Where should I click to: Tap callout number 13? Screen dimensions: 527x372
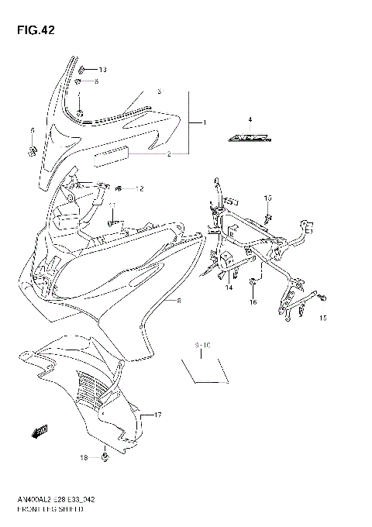102,70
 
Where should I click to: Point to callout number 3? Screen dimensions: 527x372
160,91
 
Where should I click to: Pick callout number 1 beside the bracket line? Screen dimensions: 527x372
205,123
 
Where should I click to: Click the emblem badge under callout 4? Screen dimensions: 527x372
250,140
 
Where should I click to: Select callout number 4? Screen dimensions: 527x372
250,119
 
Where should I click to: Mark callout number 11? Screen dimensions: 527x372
113,205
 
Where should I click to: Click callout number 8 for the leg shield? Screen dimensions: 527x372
180,300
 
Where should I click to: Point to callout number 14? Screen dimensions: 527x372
229,288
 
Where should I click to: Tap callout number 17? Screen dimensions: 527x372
157,416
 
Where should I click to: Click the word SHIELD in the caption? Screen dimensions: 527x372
71,513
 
